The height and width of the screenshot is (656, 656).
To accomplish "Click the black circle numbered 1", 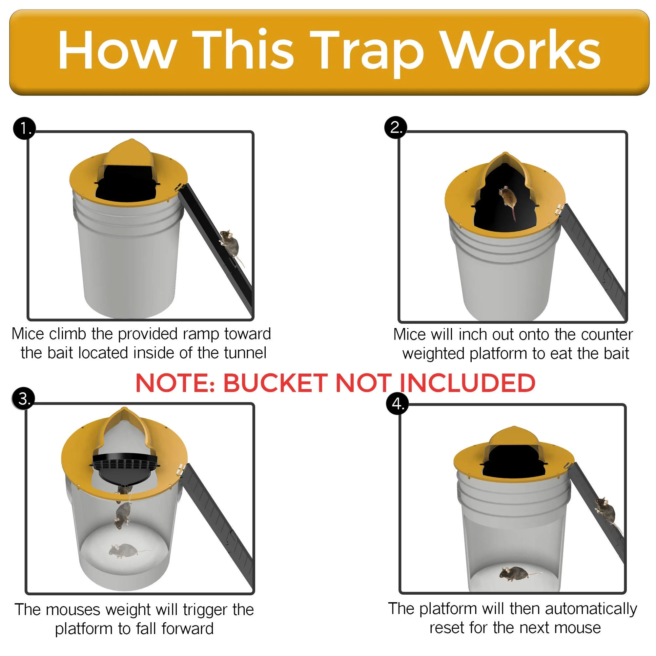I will coord(24,129).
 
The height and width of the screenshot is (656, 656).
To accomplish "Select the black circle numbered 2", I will coord(396,127).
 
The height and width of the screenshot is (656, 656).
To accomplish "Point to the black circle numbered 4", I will coord(398,404).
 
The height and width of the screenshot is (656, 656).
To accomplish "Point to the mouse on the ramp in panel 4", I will coord(605,511).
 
